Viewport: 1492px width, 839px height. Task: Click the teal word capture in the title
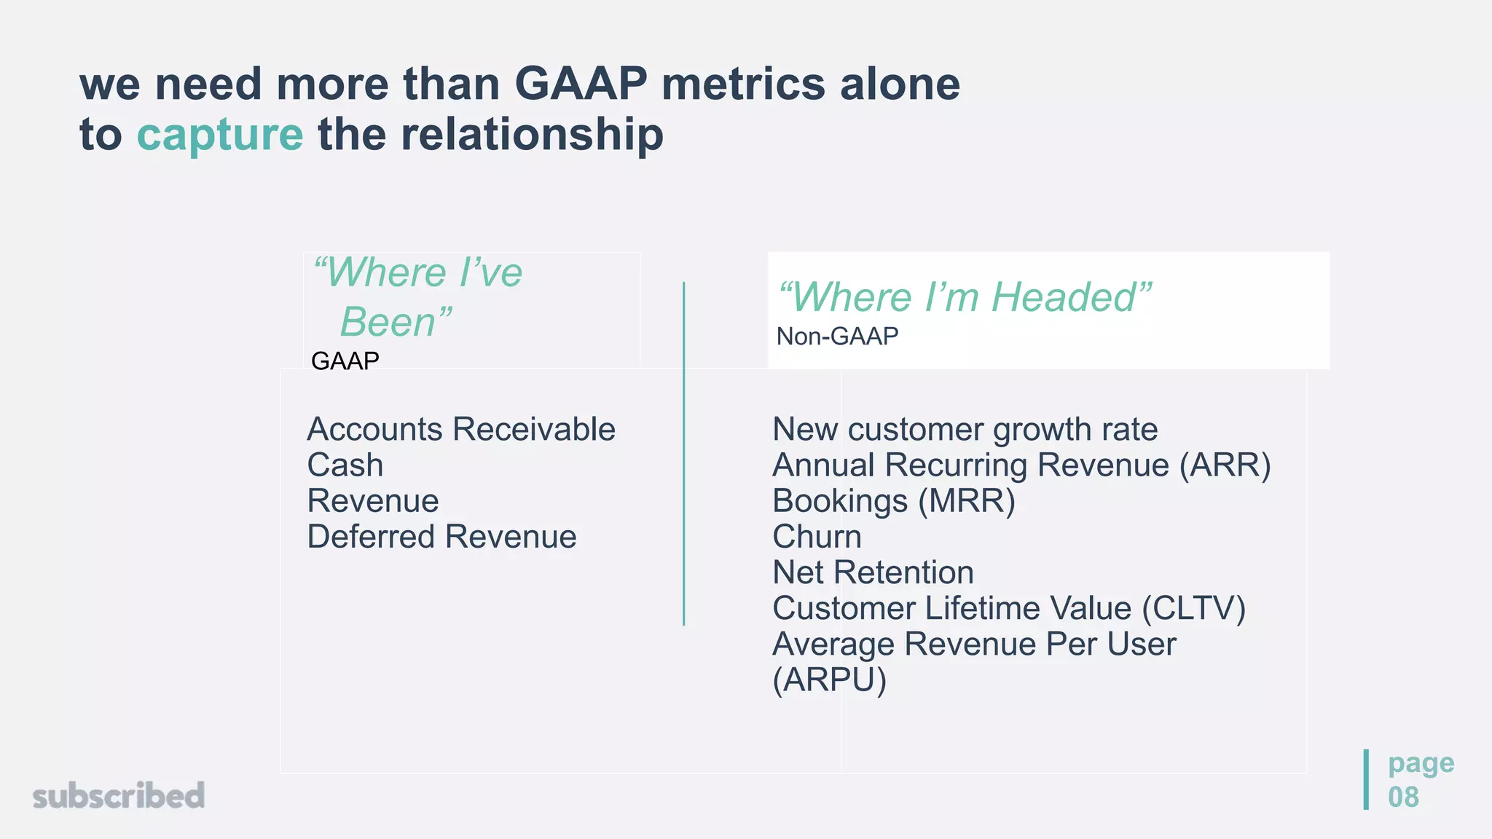[x=219, y=136]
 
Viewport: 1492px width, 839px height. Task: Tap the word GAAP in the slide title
[x=581, y=84]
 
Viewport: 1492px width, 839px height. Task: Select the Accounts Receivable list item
[x=460, y=429]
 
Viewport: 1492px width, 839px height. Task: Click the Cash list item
[x=345, y=465]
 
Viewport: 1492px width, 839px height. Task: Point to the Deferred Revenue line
[x=441, y=537]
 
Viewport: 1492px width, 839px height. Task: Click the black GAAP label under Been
[x=345, y=361]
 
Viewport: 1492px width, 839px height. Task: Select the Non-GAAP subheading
[x=837, y=336]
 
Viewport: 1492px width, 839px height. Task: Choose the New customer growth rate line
[x=965, y=429]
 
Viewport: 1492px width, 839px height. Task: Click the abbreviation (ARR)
[x=1225, y=465]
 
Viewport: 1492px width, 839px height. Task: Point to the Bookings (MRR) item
[x=893, y=501]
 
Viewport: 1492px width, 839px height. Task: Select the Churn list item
[x=817, y=537]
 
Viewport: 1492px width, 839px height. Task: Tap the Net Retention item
[x=873, y=572]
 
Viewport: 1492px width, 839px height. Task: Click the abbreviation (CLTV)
[x=1193, y=608]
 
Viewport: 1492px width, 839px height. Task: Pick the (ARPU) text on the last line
[x=829, y=680]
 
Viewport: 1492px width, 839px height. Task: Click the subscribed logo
[x=119, y=795]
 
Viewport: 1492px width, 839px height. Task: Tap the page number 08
[x=1403, y=797]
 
